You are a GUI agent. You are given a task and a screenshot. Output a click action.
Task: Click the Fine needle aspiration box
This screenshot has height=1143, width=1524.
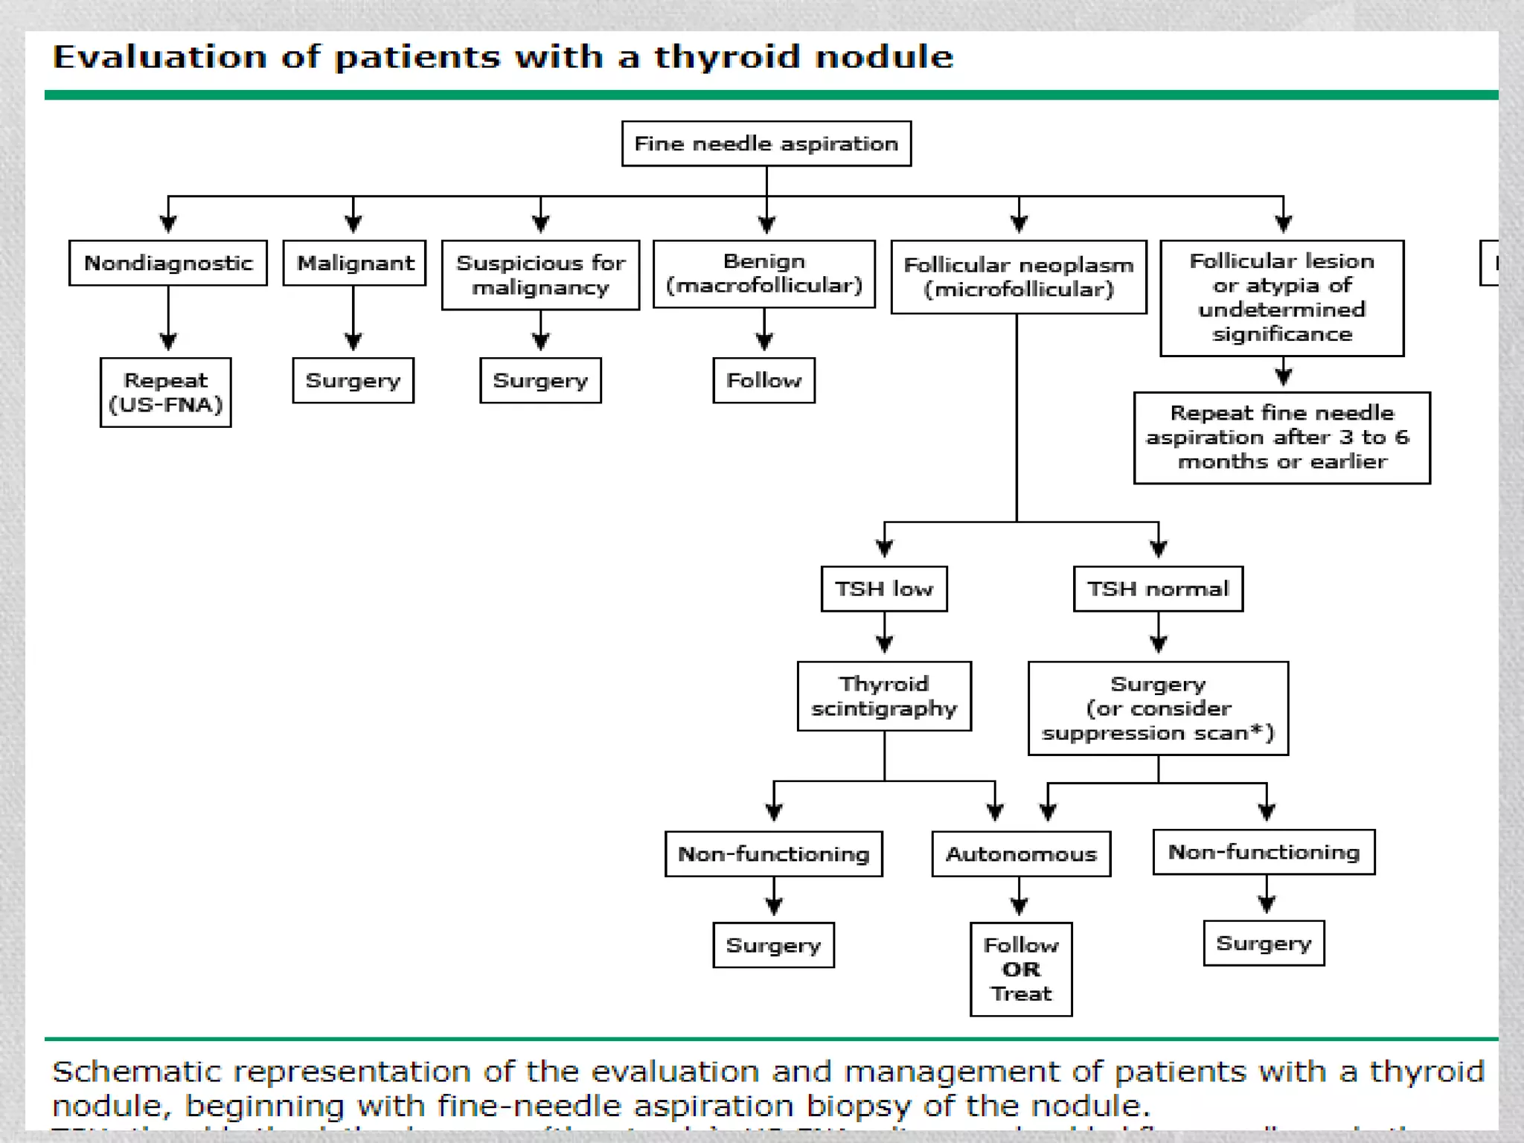766,144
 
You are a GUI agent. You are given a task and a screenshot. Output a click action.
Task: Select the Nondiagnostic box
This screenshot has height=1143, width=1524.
168,263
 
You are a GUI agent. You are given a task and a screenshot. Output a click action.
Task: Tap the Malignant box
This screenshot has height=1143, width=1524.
354,263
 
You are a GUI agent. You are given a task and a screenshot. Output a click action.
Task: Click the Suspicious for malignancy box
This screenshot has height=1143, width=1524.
540,275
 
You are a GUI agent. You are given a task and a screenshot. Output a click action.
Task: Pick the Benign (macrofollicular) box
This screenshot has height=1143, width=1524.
763,274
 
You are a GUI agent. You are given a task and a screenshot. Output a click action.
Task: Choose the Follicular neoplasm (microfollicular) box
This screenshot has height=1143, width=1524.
1018,277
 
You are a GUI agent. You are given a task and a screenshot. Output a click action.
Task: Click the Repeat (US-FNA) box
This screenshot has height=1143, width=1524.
165,392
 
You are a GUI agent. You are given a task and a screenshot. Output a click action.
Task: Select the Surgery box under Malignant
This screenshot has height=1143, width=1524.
353,380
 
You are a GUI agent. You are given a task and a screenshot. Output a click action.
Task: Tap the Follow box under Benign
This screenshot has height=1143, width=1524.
763,380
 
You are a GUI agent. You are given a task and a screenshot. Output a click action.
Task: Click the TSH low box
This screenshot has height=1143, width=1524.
884,589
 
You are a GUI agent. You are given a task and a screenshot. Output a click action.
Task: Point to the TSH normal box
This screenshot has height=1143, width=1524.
1158,589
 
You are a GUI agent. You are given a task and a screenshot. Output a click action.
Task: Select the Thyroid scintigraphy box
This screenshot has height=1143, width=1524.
884,696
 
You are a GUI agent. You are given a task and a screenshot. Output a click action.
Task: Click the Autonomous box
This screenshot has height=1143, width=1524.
1021,854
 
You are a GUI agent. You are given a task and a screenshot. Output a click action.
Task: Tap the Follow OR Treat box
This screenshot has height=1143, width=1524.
1021,969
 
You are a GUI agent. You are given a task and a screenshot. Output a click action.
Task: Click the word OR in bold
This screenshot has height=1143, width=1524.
1021,970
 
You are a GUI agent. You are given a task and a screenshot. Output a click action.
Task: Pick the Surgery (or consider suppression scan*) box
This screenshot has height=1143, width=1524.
1158,708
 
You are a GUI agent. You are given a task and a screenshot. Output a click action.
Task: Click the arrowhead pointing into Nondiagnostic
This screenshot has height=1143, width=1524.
168,224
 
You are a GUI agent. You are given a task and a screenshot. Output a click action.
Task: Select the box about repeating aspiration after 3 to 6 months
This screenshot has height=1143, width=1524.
1281,438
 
